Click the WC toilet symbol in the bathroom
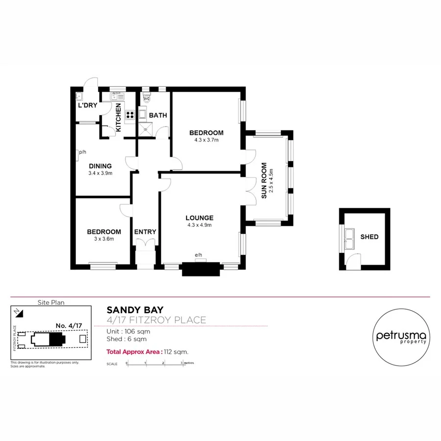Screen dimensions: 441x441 click(x=146, y=98)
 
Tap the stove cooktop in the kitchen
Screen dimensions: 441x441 click(x=130, y=115)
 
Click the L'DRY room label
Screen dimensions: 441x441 click(x=87, y=105)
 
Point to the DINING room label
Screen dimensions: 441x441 click(x=100, y=166)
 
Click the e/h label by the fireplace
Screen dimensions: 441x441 click(x=198, y=255)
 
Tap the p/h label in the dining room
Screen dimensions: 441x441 click(x=82, y=152)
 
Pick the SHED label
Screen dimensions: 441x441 click(x=369, y=237)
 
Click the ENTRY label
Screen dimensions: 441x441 click(x=145, y=232)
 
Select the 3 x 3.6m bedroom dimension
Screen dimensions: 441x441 click(x=104, y=239)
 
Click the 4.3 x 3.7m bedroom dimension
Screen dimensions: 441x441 click(x=206, y=140)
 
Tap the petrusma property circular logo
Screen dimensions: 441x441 click(x=401, y=337)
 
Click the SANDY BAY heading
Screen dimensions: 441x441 click(x=135, y=310)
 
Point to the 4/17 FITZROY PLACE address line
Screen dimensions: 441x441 click(x=156, y=320)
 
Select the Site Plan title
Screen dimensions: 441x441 click(x=51, y=302)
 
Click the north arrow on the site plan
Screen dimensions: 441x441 click(x=18, y=311)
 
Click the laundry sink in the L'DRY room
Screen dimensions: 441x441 click(x=79, y=96)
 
